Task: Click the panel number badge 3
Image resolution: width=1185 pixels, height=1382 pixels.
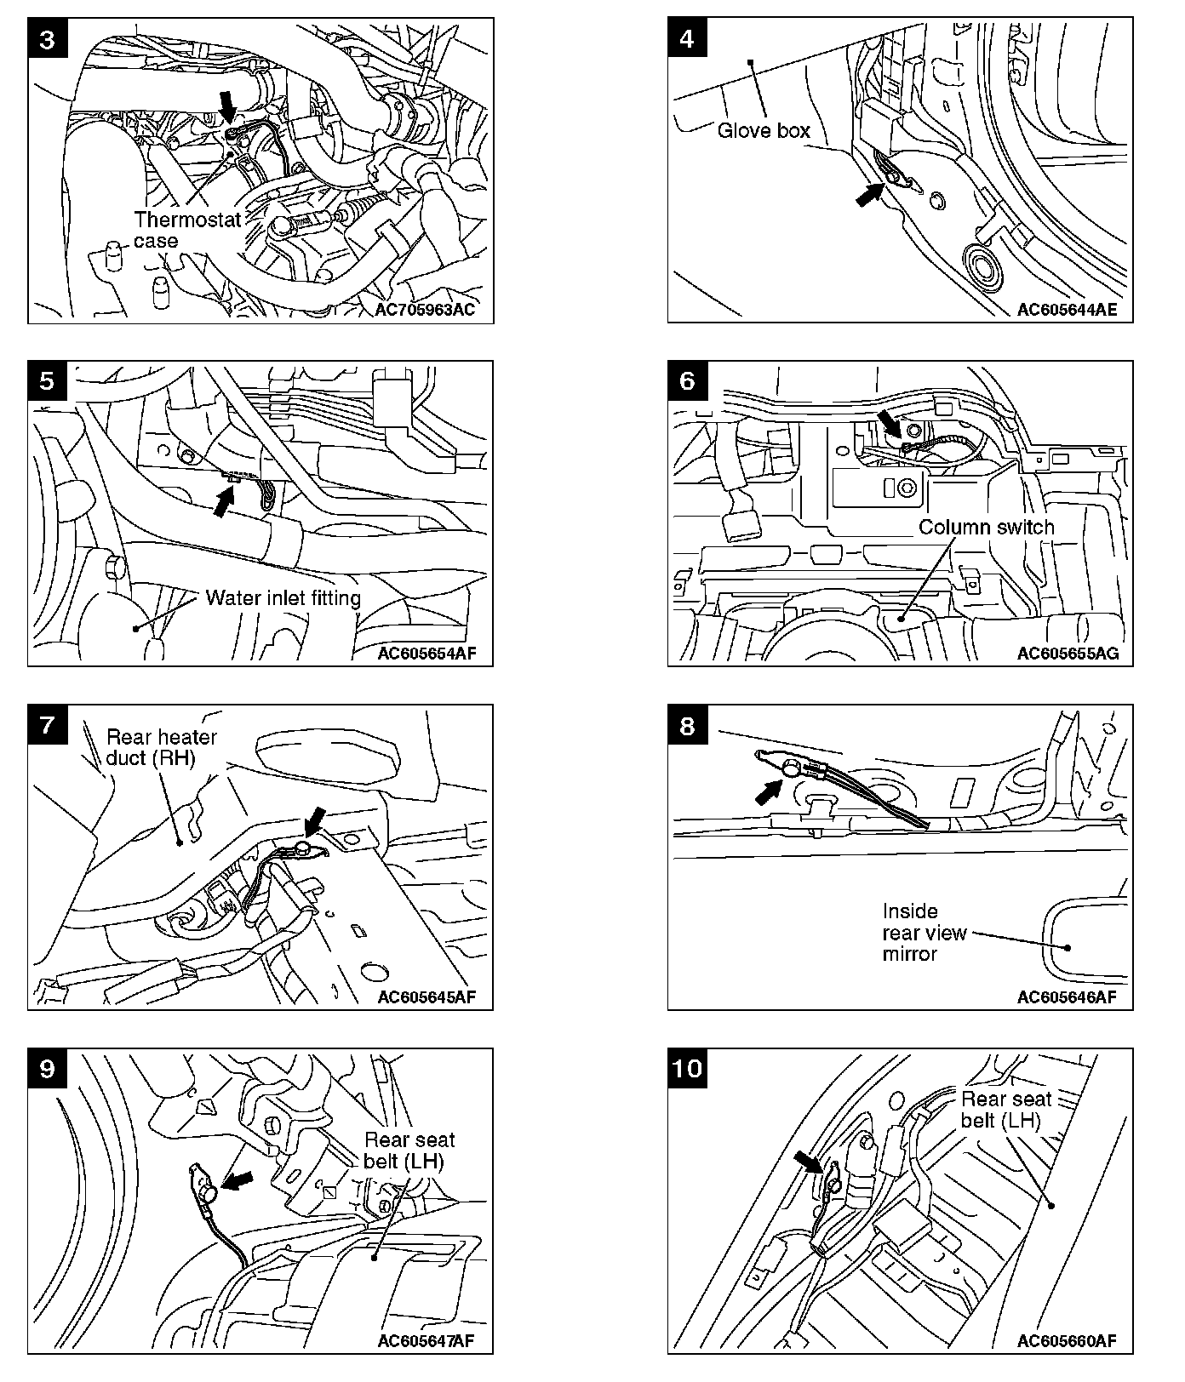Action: pyautogui.click(x=48, y=41)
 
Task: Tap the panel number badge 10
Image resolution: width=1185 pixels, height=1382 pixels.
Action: pyautogui.click(x=688, y=1068)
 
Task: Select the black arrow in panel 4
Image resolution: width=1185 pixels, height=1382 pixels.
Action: pyautogui.click(x=869, y=195)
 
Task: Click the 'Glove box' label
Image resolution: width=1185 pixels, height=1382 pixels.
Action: pyautogui.click(x=764, y=131)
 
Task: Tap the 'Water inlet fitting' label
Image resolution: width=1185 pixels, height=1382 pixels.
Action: pyautogui.click(x=283, y=598)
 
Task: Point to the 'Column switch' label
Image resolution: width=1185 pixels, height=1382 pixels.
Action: pyautogui.click(x=986, y=528)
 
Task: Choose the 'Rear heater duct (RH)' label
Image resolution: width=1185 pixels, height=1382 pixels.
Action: pyautogui.click(x=162, y=747)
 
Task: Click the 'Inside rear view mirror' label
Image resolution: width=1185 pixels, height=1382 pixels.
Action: pyautogui.click(x=925, y=933)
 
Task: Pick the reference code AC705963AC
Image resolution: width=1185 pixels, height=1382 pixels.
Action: pyautogui.click(x=425, y=310)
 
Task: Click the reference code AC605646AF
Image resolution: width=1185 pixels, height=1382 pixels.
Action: pyautogui.click(x=1067, y=997)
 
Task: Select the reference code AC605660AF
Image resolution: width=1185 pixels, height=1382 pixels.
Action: pyautogui.click(x=1067, y=1341)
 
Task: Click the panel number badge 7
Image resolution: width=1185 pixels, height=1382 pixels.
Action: pyautogui.click(x=48, y=725)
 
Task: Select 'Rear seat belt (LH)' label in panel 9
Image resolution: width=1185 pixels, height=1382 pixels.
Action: pyautogui.click(x=409, y=1151)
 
